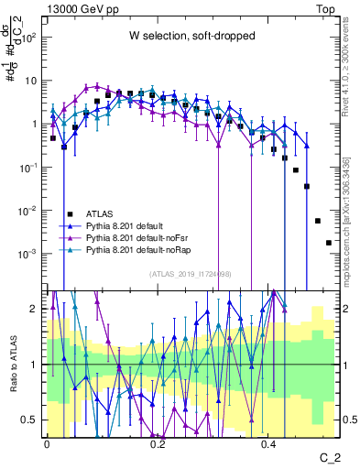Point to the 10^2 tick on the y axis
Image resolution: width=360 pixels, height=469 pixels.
click(30, 38)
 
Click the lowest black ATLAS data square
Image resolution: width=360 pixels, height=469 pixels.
click(329, 243)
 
